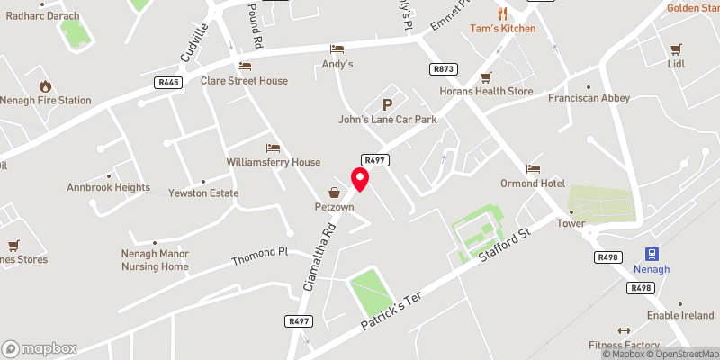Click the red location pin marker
pyautogui.click(x=360, y=179)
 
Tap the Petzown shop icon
pyautogui.click(x=335, y=192)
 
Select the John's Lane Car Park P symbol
pyautogui.click(x=388, y=104)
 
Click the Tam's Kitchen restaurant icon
pyautogui.click(x=502, y=13)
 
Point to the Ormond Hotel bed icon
pyautogui.click(x=533, y=168)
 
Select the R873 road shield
pyautogui.click(x=443, y=68)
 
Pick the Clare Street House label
pyautogui.click(x=245, y=81)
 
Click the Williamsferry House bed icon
pyautogui.click(x=273, y=148)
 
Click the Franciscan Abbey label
pyautogui.click(x=589, y=98)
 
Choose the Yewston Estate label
pyautogui.click(x=203, y=193)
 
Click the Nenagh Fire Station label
pyautogui.click(x=46, y=100)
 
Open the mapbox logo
pyautogui.click(x=40, y=348)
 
